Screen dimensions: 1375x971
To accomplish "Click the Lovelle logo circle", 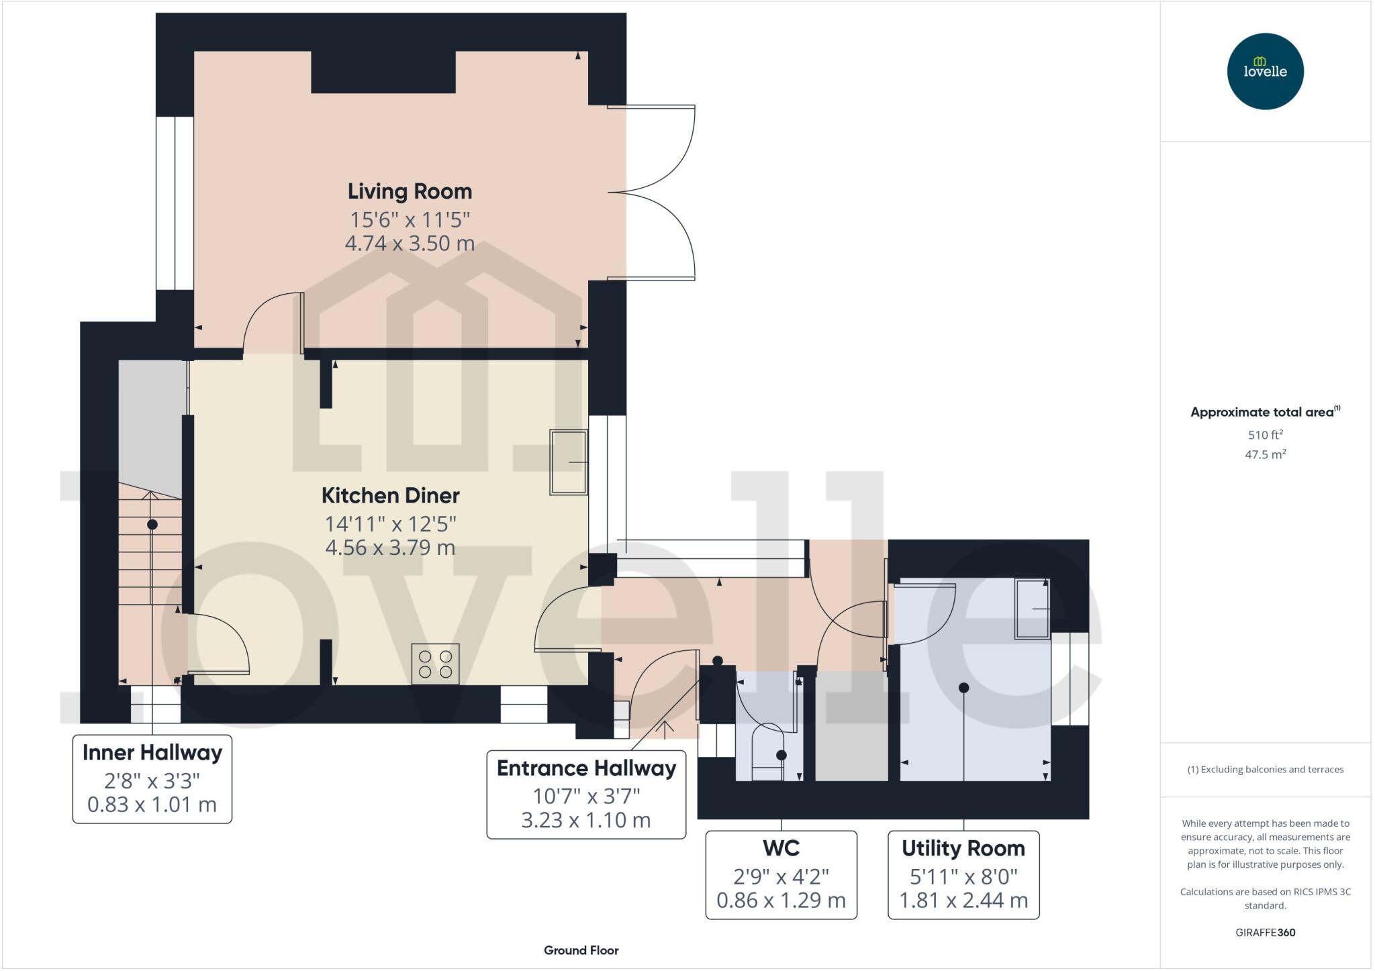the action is [x=1265, y=71].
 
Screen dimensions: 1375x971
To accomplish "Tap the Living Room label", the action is [x=410, y=191].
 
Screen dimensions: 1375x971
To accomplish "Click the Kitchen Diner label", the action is [x=391, y=495].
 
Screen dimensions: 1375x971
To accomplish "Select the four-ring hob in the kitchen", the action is [x=435, y=664].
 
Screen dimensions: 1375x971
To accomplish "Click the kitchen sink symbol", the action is [x=569, y=462].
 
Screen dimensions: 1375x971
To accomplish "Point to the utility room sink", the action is [x=1033, y=609].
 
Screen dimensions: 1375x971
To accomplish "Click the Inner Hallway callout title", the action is [x=152, y=752].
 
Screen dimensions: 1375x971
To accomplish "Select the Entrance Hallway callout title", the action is [x=586, y=768].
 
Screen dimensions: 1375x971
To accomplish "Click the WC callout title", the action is [x=781, y=848].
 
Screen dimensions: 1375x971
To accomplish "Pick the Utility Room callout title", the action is [x=963, y=848].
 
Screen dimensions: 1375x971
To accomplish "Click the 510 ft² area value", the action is [x=1265, y=434].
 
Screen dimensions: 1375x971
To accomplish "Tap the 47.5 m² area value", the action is [x=1265, y=454].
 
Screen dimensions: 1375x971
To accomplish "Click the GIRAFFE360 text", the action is [x=1265, y=932].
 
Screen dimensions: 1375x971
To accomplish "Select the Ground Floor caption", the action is [x=581, y=950].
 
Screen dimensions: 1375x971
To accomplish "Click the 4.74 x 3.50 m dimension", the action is [x=410, y=243].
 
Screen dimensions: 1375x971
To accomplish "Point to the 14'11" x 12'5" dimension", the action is [x=391, y=523].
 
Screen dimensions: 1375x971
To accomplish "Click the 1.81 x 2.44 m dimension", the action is [x=963, y=900].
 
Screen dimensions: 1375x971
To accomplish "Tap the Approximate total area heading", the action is [x=1265, y=411].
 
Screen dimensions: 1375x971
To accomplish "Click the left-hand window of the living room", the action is [x=175, y=203].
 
